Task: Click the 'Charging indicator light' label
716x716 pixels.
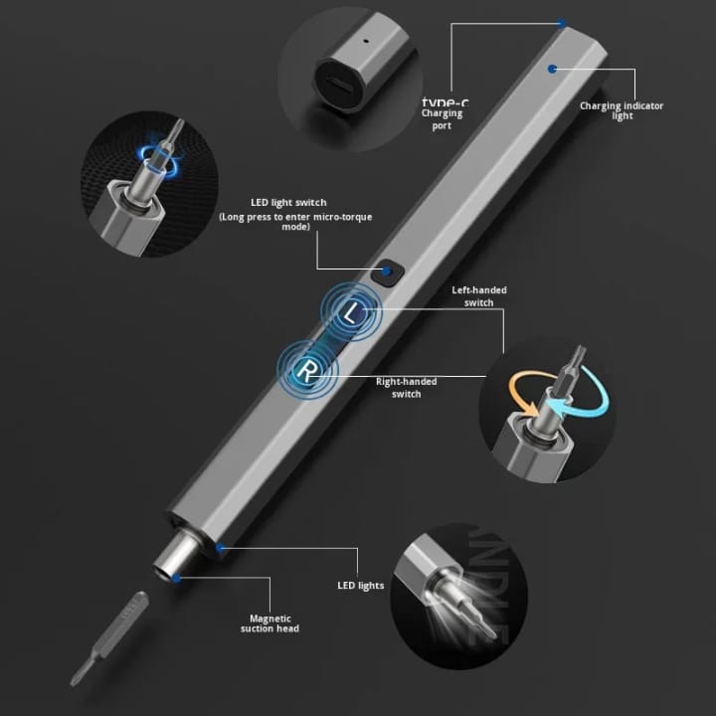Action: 622,110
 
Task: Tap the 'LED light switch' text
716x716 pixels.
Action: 288,203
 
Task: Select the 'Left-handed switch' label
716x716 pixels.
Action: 479,296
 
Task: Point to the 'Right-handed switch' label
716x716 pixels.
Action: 406,387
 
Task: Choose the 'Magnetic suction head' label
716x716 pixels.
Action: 269,623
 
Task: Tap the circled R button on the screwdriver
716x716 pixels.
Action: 308,369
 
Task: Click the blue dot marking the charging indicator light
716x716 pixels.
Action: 552,69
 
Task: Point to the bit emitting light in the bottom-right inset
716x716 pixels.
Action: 444,596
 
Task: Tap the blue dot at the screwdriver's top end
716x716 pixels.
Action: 562,23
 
